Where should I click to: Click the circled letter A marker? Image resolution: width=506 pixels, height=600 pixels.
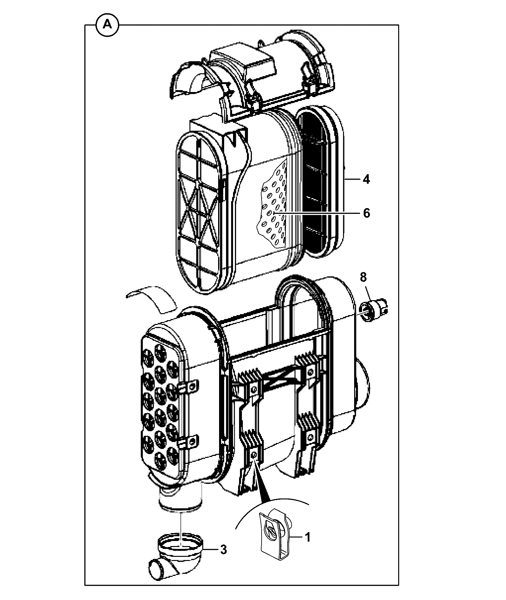[x=107, y=24]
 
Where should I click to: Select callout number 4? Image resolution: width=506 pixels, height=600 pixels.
[x=366, y=180]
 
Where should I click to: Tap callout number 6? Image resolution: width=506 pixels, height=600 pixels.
[x=367, y=213]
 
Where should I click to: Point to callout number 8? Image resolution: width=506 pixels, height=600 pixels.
[x=363, y=277]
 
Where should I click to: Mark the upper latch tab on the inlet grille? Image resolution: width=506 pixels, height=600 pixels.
[x=189, y=387]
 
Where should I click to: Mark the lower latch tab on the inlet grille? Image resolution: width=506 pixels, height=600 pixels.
[x=189, y=442]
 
